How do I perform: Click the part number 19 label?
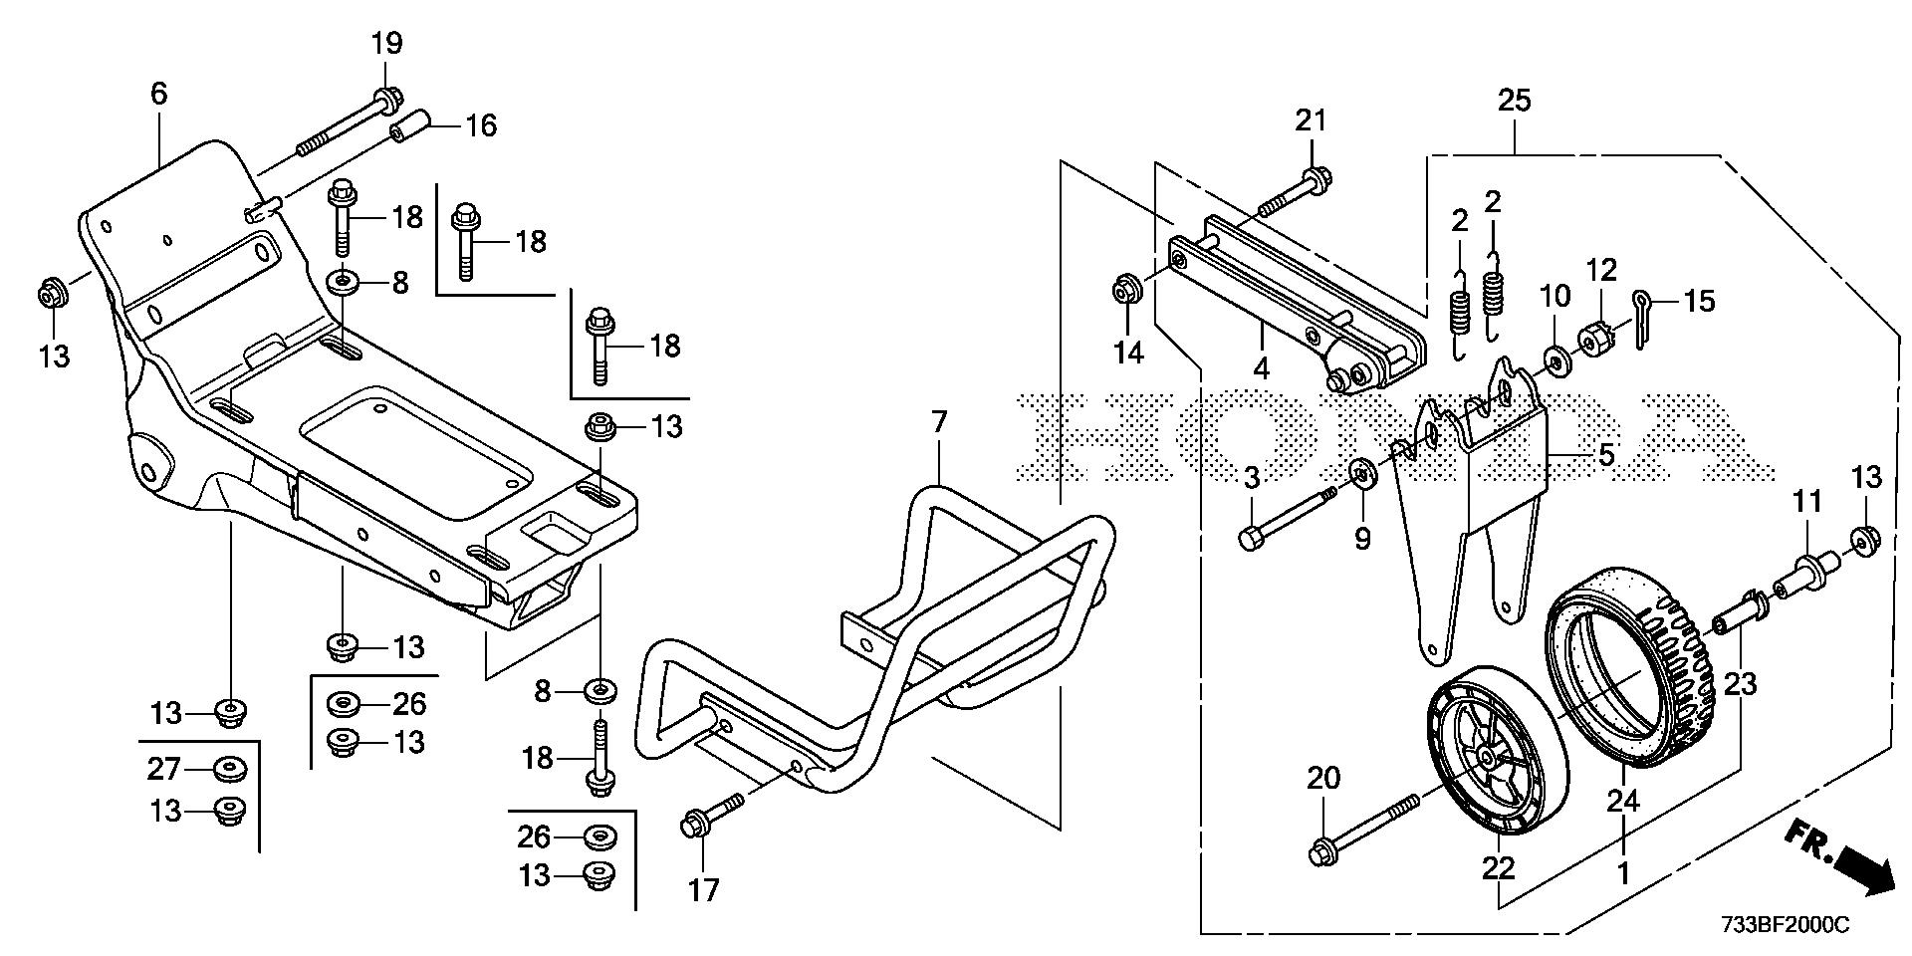[387, 43]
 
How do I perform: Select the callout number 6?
[159, 94]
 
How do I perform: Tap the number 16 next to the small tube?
[481, 126]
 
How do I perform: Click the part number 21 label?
[1312, 120]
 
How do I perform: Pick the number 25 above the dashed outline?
[1515, 101]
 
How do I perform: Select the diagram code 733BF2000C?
[1785, 926]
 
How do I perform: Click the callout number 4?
[1262, 368]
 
